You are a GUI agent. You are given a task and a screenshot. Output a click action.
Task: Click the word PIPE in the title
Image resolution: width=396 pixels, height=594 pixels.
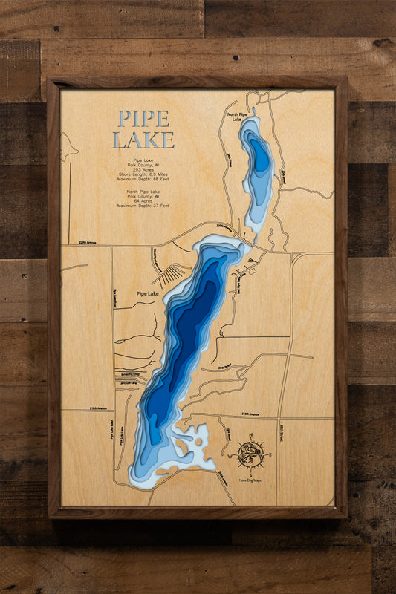143,119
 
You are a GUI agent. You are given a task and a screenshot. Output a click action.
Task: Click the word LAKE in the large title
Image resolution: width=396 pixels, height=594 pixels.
143,140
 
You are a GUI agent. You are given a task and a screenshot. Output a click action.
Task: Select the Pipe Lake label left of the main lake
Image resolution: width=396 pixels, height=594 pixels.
147,294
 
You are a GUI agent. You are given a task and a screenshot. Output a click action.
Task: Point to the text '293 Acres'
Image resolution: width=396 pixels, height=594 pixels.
143,170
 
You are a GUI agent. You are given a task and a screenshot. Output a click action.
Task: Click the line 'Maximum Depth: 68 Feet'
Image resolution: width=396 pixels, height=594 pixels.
143,182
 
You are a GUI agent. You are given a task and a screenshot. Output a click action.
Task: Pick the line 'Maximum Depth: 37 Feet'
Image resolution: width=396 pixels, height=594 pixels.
143,205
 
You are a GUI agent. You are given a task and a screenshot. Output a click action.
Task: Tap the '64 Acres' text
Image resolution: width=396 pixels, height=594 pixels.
143,200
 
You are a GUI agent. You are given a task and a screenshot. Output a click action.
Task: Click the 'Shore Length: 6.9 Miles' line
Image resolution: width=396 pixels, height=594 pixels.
143,176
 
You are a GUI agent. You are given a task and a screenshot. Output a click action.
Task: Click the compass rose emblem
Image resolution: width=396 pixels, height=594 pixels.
250,454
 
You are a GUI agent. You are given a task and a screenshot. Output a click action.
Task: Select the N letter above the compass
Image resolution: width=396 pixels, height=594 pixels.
250,435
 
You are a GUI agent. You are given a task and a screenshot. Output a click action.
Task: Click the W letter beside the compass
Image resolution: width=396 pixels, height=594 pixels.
230,455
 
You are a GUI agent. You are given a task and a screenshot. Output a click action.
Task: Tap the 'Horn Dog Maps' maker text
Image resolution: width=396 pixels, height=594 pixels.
250,480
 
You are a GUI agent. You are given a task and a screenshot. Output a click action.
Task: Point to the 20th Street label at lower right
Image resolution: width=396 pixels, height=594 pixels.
282,431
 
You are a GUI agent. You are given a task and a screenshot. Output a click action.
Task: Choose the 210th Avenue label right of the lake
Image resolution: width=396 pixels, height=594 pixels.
248,414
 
